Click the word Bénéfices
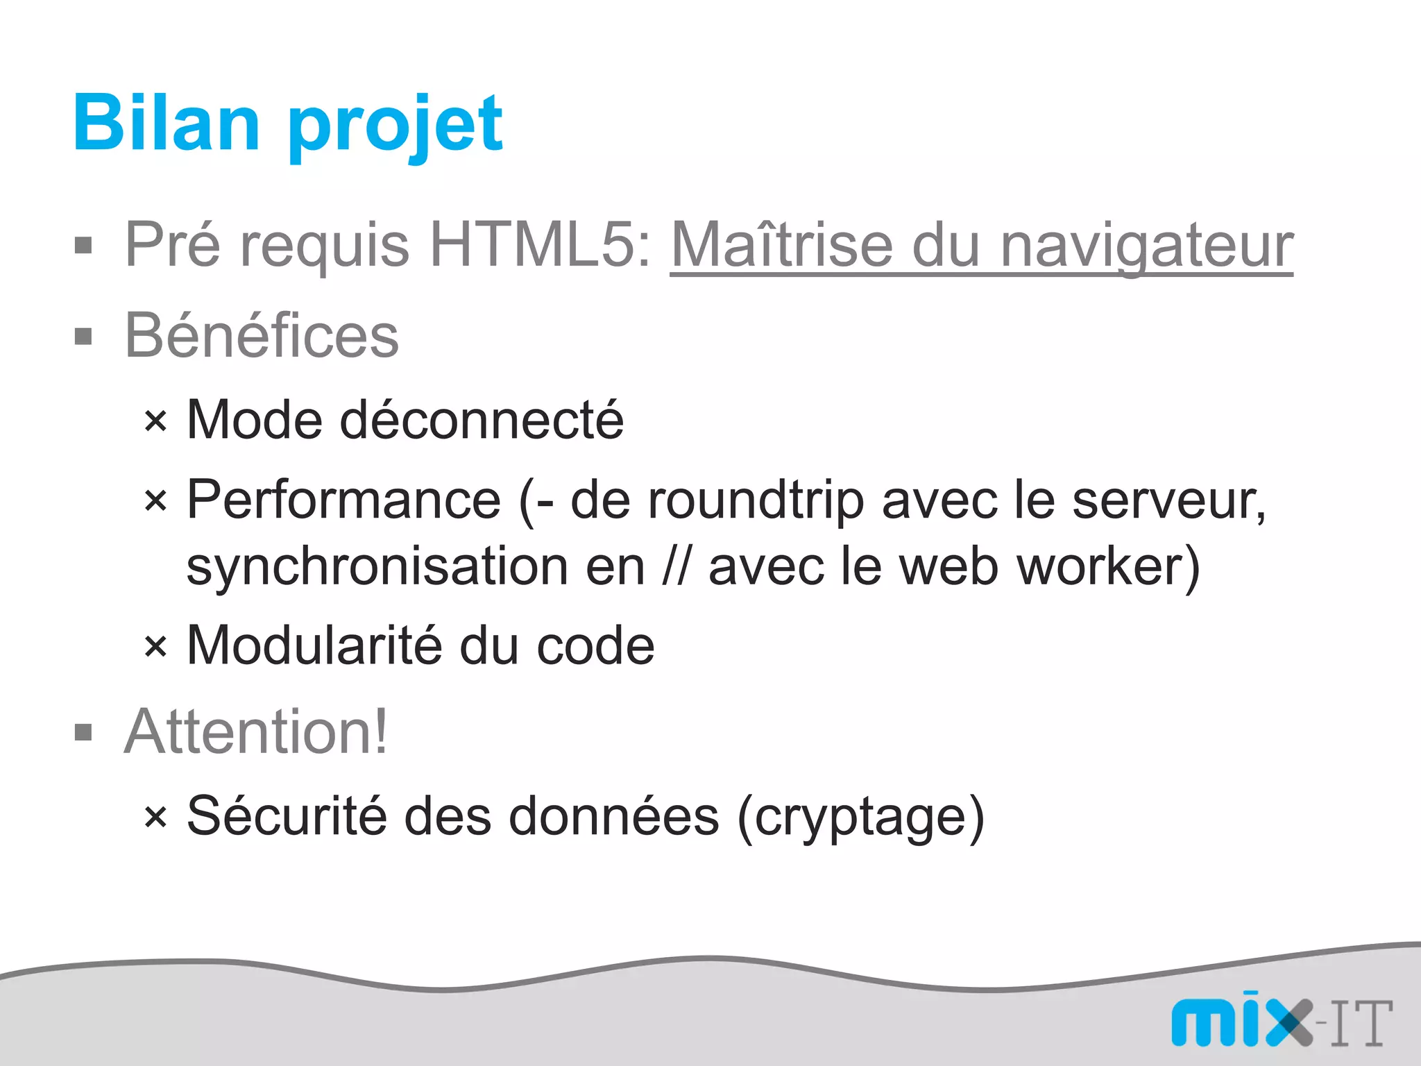(262, 336)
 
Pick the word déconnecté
(482, 420)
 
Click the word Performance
(344, 500)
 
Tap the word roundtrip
(756, 501)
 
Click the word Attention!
(256, 731)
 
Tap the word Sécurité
(287, 816)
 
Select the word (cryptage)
(861, 818)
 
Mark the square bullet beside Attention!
(83, 733)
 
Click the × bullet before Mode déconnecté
(155, 421)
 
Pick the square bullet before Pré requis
(83, 246)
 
